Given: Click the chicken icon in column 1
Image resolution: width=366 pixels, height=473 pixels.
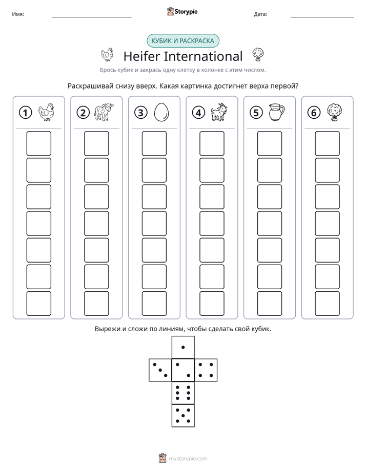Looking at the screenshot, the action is pos(46,112).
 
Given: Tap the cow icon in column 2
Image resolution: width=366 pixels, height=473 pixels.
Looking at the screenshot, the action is pos(104,112).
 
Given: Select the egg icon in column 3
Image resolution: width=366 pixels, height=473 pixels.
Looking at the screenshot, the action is pos(161,113).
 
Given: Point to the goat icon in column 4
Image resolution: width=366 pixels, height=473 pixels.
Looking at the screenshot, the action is pos(219,112).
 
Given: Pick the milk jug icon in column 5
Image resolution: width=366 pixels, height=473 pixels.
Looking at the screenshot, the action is pos(277,112).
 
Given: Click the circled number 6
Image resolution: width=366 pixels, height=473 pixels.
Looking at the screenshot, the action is pos(314,113).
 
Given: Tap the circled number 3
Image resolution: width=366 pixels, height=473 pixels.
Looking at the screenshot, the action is pos(141,113).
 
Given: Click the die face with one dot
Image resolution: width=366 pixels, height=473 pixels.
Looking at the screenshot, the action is pos(183,347).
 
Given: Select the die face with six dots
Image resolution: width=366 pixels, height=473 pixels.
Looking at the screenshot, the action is pos(183,393).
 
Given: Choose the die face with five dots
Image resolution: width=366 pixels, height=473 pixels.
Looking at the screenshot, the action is pos(183,416).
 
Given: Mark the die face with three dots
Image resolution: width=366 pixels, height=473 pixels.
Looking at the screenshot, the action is pos(160,370).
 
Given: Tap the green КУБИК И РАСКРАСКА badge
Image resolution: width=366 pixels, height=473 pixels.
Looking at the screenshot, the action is pos(183,41).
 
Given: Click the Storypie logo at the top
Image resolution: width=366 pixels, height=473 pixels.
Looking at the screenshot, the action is pos(182,11).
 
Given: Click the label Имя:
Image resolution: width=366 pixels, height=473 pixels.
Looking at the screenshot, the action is pos(18,14).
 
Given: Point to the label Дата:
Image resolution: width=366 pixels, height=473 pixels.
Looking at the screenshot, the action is pos(260,14).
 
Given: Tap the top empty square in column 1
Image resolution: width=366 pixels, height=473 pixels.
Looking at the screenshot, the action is pos(39,143).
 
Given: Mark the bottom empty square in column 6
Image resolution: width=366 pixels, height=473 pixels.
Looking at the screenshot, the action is pos(328,304).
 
